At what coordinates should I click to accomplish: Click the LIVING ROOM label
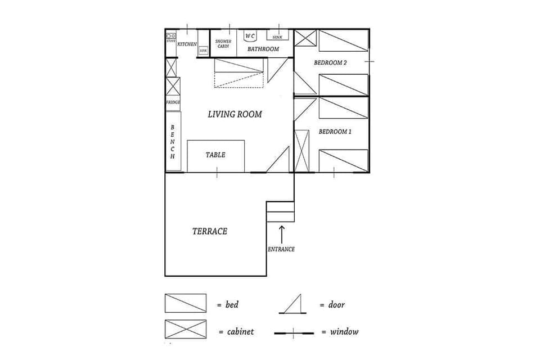(x=235, y=114)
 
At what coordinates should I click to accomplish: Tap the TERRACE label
(x=209, y=231)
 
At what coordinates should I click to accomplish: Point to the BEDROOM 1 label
(x=335, y=132)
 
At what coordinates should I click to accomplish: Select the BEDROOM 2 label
(x=330, y=63)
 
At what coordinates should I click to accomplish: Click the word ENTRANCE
(x=281, y=249)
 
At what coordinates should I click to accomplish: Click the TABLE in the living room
(x=215, y=155)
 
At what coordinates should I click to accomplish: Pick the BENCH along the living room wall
(x=173, y=141)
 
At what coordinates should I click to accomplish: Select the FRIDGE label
(x=173, y=102)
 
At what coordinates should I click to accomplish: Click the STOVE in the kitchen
(x=171, y=38)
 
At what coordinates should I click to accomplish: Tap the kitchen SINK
(x=203, y=51)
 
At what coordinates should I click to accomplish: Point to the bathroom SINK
(x=277, y=37)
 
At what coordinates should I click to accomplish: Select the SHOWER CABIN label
(x=223, y=43)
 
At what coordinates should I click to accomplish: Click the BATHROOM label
(x=263, y=49)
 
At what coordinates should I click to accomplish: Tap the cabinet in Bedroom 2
(x=307, y=38)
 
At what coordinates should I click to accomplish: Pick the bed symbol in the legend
(x=185, y=303)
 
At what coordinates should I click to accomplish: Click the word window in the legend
(x=344, y=332)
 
